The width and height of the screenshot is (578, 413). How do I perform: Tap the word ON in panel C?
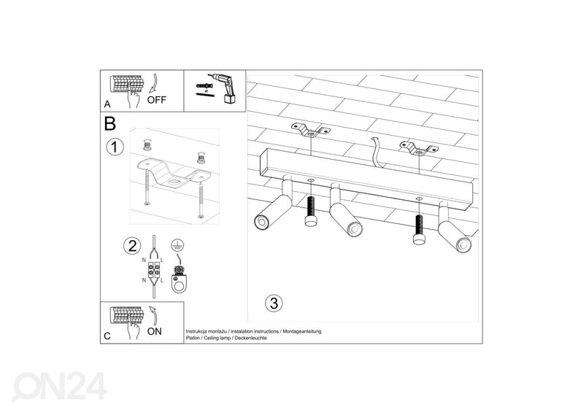pyautogui.click(x=154, y=331)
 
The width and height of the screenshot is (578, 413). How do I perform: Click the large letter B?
pyautogui.click(x=110, y=123)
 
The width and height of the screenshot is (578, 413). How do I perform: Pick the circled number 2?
pyautogui.click(x=131, y=244)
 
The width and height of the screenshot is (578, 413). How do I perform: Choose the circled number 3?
pyautogui.click(x=272, y=302)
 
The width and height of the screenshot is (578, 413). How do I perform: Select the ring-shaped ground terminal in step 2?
pyautogui.click(x=177, y=280)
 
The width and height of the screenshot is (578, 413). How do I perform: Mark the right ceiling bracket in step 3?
pyautogui.click(x=417, y=150)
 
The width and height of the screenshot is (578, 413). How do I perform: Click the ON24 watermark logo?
pyautogui.click(x=61, y=386)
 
